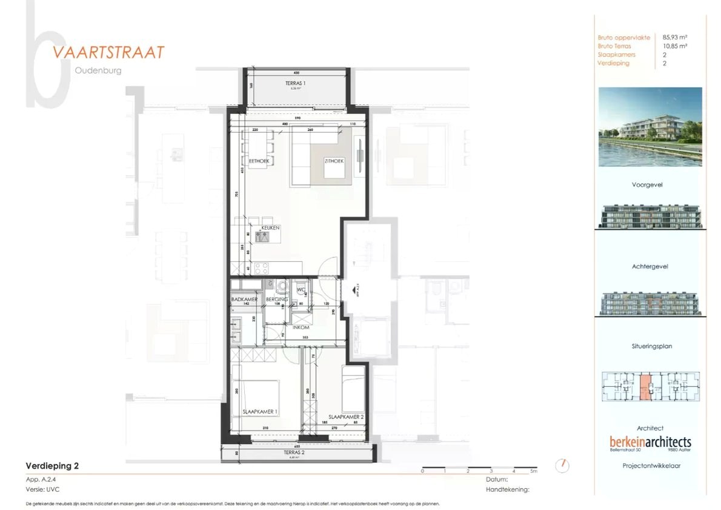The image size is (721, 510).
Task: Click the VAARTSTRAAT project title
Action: click(108, 52)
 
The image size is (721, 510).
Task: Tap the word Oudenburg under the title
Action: click(98, 70)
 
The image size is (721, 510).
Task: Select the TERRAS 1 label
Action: click(295, 82)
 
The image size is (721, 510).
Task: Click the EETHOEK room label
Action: click(259, 161)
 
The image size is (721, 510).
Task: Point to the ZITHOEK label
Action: click(334, 161)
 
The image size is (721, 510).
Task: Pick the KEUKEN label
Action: click(270, 228)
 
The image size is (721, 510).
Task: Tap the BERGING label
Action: click(276, 300)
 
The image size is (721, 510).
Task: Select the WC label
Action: click(300, 290)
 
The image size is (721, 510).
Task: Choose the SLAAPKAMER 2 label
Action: click(346, 417)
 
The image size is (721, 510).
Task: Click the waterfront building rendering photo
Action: click(650, 127)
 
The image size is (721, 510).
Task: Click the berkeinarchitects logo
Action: click(650, 443)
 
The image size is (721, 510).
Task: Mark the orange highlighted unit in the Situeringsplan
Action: click(646, 388)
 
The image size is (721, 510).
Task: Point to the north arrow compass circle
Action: click(563, 465)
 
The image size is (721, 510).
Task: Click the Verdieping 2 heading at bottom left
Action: click(52, 466)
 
